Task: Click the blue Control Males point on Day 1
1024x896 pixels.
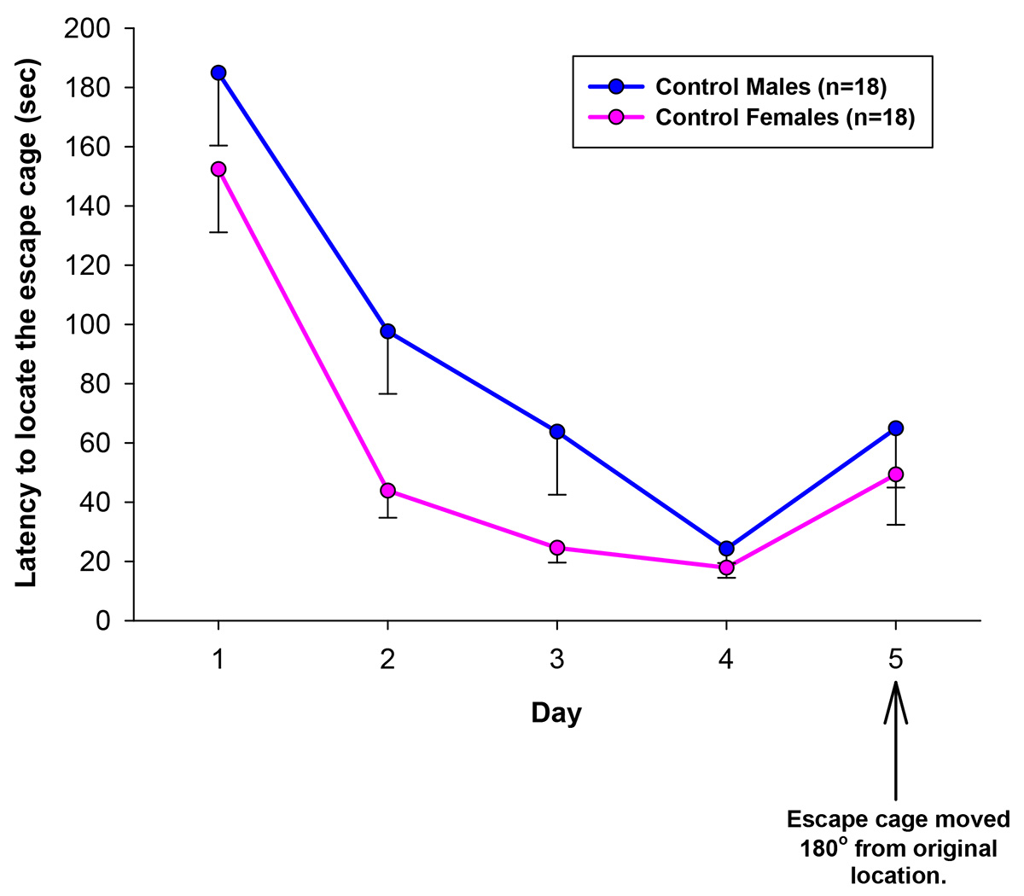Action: (218, 73)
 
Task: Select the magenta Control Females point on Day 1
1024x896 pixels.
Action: (218, 169)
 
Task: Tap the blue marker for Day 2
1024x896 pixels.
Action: (387, 331)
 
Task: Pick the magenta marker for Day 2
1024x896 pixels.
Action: (387, 491)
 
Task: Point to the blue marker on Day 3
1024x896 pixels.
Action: (557, 432)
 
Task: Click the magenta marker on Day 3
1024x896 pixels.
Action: (557, 548)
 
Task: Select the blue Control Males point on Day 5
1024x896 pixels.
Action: (895, 428)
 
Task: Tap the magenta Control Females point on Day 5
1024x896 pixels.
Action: (895, 474)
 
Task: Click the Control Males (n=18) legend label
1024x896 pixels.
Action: (771, 86)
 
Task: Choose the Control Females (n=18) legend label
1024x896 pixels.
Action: (784, 118)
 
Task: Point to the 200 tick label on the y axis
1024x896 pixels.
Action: (88, 29)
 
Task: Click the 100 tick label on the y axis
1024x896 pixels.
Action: (88, 325)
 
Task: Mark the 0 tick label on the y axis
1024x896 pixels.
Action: (103, 620)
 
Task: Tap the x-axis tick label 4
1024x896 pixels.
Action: (726, 660)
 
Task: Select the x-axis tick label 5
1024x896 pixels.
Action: (895, 660)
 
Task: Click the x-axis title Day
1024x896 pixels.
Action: (556, 713)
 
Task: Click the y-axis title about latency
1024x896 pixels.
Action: (27, 325)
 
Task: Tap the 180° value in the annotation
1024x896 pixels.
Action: (824, 848)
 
